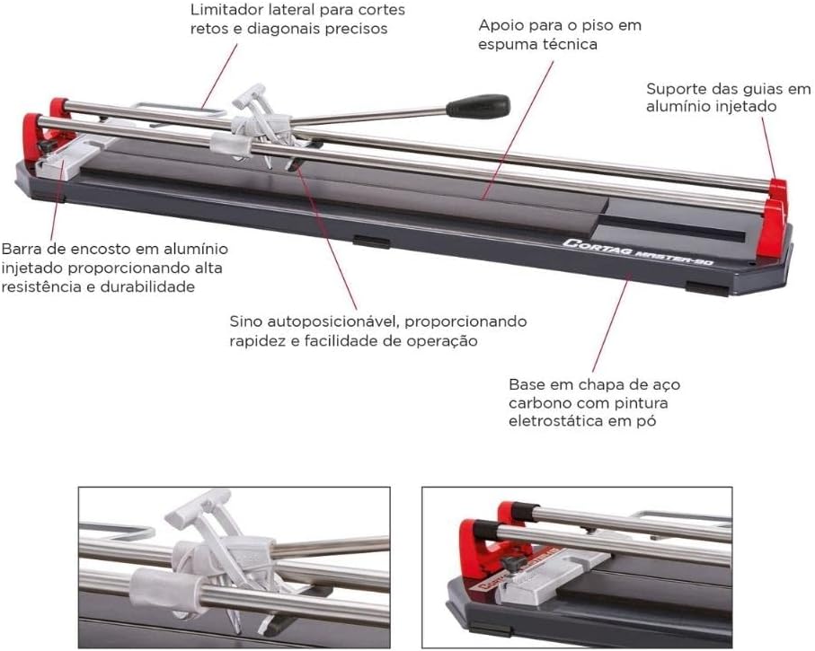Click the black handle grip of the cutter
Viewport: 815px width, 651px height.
(478, 105)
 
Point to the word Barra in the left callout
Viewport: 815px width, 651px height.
(22, 249)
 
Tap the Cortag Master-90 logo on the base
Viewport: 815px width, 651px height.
(638, 252)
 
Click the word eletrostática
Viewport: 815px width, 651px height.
(555, 421)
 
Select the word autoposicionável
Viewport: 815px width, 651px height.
(332, 322)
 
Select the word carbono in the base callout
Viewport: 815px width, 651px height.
(536, 403)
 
